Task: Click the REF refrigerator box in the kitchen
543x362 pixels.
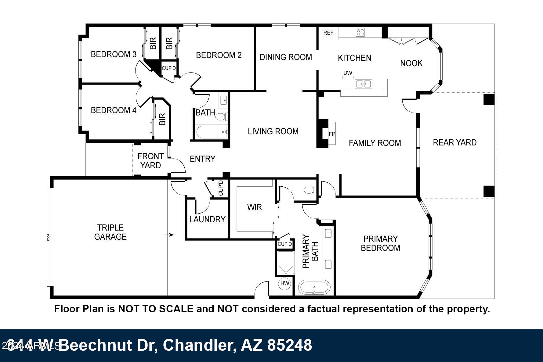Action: tap(328, 33)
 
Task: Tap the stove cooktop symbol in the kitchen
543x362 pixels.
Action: tap(360, 32)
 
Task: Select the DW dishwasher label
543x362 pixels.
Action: tap(348, 73)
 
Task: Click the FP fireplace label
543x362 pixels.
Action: tap(332, 134)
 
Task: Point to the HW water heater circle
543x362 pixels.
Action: tap(285, 284)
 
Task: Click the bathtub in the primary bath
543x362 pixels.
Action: tap(314, 287)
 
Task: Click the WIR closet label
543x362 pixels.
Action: tap(254, 207)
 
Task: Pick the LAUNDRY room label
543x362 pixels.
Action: tap(207, 219)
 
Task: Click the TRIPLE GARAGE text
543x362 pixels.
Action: tap(110, 232)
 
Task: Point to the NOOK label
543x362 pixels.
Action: tap(411, 63)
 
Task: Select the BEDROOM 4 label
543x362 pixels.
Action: tap(114, 110)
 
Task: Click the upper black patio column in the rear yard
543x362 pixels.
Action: tap(489, 100)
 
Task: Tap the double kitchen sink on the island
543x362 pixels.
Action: tap(363, 84)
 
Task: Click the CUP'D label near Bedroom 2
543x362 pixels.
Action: tap(169, 68)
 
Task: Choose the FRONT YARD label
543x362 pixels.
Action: tap(150, 161)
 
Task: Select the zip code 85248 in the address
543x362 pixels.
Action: tap(290, 345)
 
